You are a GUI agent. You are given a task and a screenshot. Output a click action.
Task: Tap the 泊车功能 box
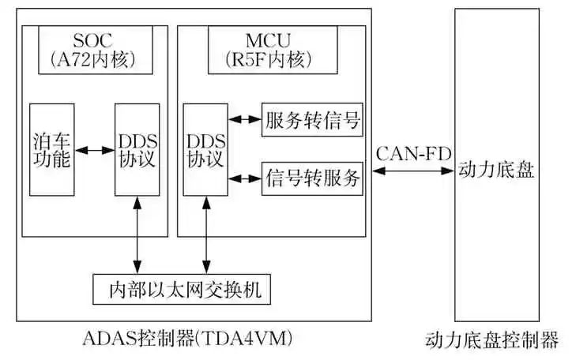click(52, 149)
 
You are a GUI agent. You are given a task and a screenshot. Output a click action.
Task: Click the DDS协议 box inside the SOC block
click(137, 149)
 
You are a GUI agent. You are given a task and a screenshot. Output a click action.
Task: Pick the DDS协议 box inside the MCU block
click(205, 149)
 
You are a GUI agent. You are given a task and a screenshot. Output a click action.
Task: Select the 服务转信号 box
click(312, 121)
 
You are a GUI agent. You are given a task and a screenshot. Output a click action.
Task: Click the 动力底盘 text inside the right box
click(496, 171)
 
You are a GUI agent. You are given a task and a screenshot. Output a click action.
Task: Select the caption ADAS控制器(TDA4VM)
click(187, 339)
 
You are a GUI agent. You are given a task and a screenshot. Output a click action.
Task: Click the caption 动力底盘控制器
click(491, 341)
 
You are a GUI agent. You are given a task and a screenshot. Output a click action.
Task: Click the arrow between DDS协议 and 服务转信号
click(244, 121)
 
